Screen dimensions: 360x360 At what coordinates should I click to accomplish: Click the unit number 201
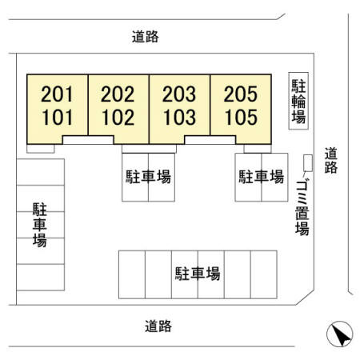click(x=57, y=94)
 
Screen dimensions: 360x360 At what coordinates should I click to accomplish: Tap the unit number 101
click(x=58, y=118)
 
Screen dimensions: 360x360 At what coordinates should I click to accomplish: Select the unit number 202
click(x=118, y=94)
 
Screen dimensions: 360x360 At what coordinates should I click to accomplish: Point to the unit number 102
click(x=118, y=118)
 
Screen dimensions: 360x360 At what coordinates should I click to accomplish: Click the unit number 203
click(x=179, y=94)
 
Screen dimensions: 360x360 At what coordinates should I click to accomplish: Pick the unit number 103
click(x=179, y=118)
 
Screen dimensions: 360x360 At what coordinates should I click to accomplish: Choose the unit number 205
click(x=240, y=94)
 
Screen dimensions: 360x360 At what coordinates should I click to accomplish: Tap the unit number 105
click(x=241, y=118)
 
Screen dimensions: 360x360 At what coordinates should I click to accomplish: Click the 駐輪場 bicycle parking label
click(x=298, y=101)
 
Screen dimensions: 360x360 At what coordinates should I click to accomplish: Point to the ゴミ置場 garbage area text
click(x=302, y=208)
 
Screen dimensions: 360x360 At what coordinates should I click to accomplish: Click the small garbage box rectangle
click(x=308, y=163)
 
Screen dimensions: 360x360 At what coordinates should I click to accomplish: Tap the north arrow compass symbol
click(x=340, y=334)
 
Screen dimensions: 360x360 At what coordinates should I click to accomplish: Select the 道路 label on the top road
click(x=146, y=37)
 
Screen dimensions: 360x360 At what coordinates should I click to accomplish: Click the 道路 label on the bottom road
click(x=158, y=326)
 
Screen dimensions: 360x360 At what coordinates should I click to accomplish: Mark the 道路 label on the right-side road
click(x=331, y=160)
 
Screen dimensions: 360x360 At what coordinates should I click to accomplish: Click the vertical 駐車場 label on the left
click(x=40, y=225)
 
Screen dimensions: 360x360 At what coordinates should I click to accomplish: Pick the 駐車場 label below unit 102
click(x=148, y=177)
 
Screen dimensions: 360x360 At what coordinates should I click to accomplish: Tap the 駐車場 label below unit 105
click(x=262, y=177)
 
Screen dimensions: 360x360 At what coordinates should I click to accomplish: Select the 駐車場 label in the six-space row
click(x=198, y=274)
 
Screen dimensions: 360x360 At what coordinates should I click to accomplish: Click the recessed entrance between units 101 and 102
click(x=88, y=140)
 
